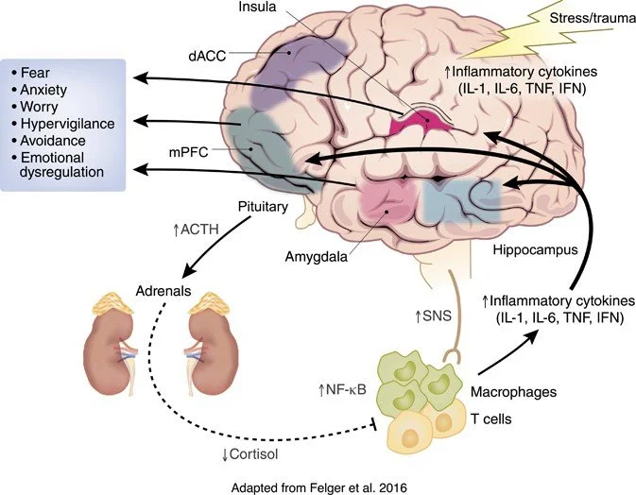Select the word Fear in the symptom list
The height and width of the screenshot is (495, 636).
pyautogui.click(x=43, y=72)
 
